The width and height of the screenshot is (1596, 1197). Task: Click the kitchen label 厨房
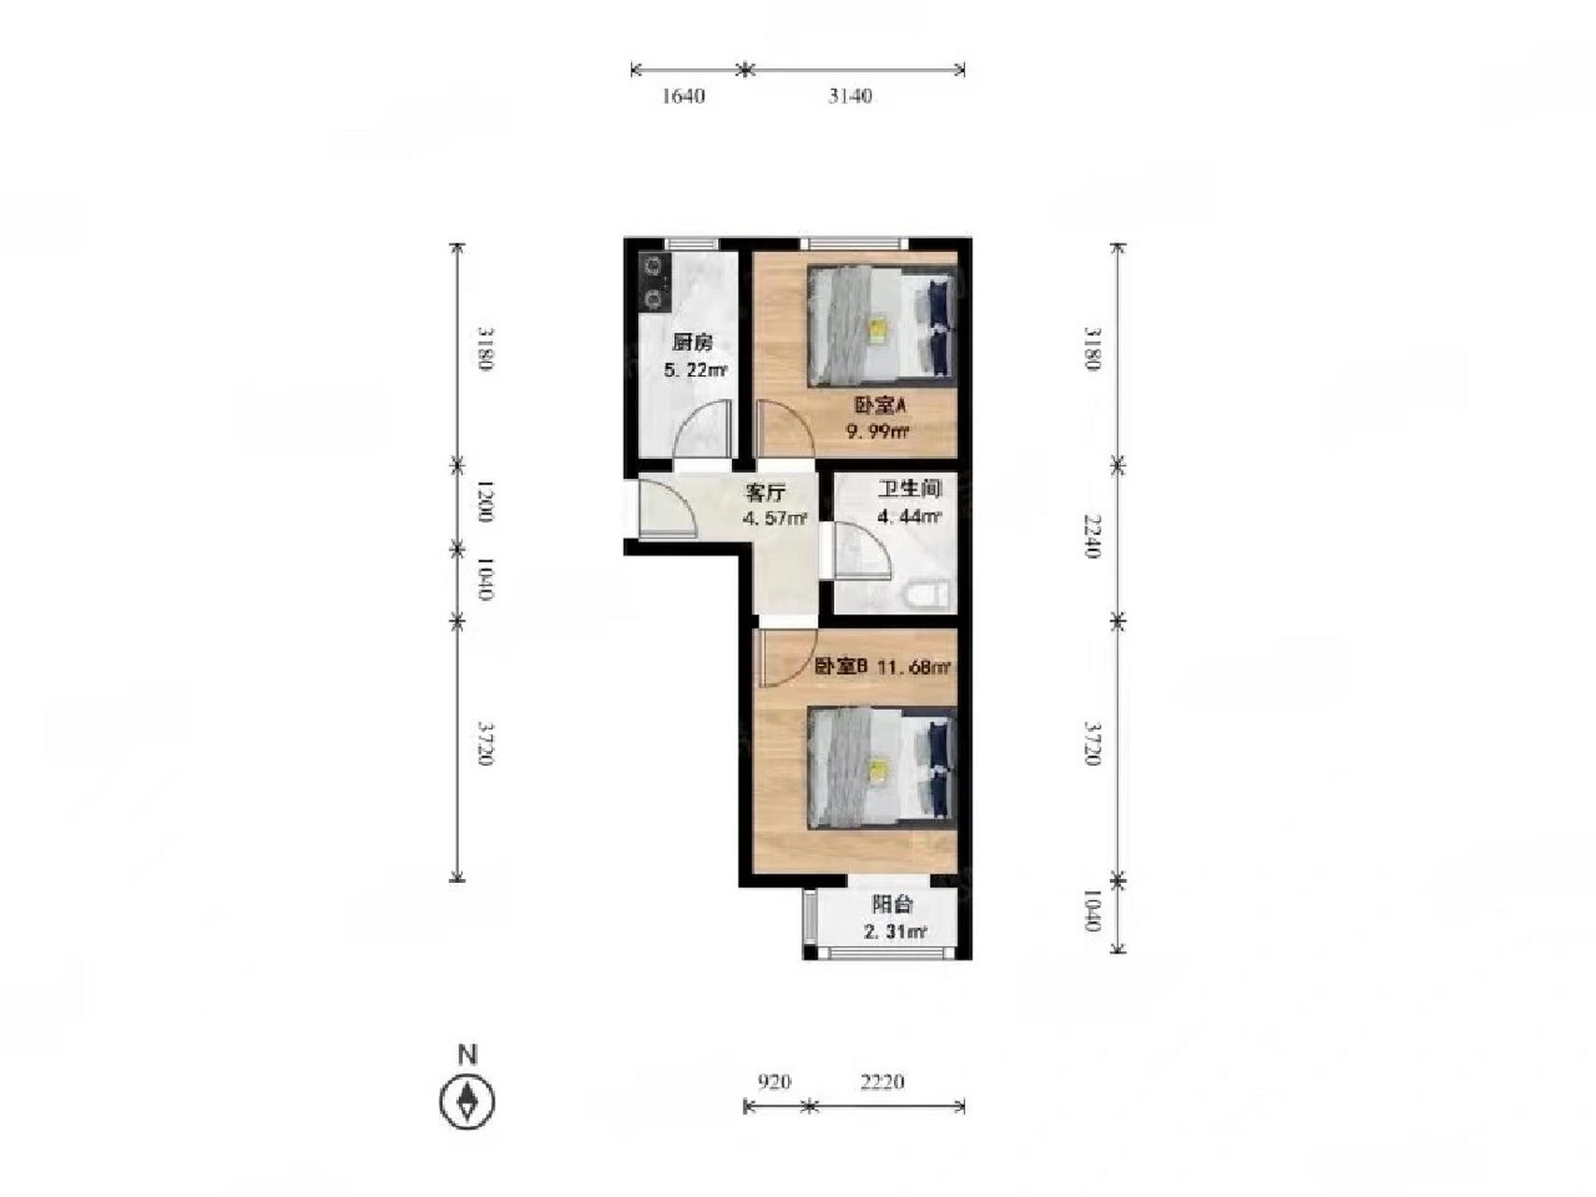[x=692, y=343]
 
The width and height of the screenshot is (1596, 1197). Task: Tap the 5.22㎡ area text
[x=695, y=370]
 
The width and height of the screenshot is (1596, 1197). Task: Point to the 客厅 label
[x=765, y=493]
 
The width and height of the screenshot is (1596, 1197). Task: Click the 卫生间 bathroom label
[x=909, y=488]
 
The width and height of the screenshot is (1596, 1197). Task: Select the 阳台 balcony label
[x=892, y=904]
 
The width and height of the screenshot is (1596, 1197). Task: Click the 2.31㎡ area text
[x=894, y=931]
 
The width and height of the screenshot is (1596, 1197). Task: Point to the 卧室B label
[x=841, y=667]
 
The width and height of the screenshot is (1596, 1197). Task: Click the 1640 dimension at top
[x=683, y=95]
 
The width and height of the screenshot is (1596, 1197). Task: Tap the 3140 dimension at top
[x=849, y=95]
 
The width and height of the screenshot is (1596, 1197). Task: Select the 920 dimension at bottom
[x=773, y=1082]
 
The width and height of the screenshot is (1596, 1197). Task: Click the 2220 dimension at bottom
[x=882, y=1082]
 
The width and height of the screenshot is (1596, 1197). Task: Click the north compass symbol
[x=467, y=1101]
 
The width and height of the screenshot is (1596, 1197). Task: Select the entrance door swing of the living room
[x=667, y=507]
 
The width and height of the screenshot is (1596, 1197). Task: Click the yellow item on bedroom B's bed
[x=878, y=769]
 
